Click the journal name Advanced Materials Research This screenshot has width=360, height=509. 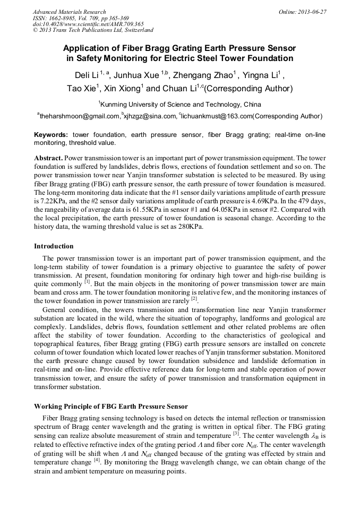coord(69,12)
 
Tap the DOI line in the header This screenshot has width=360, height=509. coord(88,24)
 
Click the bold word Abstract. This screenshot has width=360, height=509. coord(48,158)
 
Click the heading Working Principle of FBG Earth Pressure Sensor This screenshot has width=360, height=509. coord(111,407)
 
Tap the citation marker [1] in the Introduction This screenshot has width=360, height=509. coord(88,282)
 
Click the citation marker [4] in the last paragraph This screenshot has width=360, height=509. coord(97,461)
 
